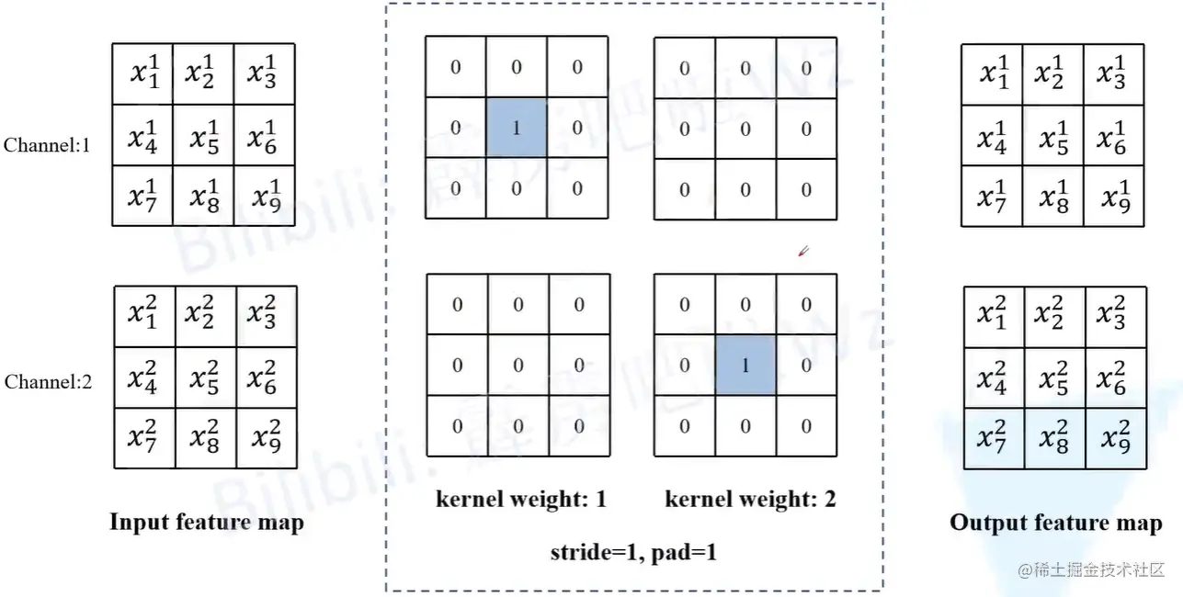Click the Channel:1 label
pyautogui.click(x=47, y=144)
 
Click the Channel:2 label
pyautogui.click(x=48, y=382)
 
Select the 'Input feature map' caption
pyautogui.click(x=207, y=523)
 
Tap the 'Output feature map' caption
pyautogui.click(x=1055, y=523)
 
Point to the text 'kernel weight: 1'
pyautogui.click(x=521, y=500)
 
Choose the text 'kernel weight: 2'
pyautogui.click(x=750, y=500)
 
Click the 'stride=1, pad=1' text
pyautogui.click(x=634, y=552)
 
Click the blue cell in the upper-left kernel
pyautogui.click(x=516, y=128)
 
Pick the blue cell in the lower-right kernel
pyautogui.click(x=745, y=366)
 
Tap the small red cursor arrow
pyautogui.click(x=802, y=251)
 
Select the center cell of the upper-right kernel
pyautogui.click(x=745, y=130)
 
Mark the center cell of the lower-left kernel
pyautogui.click(x=518, y=366)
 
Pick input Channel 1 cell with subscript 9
pyautogui.click(x=266, y=196)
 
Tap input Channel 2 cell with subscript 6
pyautogui.click(x=267, y=377)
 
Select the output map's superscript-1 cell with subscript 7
pyautogui.click(x=993, y=197)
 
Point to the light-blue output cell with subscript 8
pyautogui.click(x=1054, y=439)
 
